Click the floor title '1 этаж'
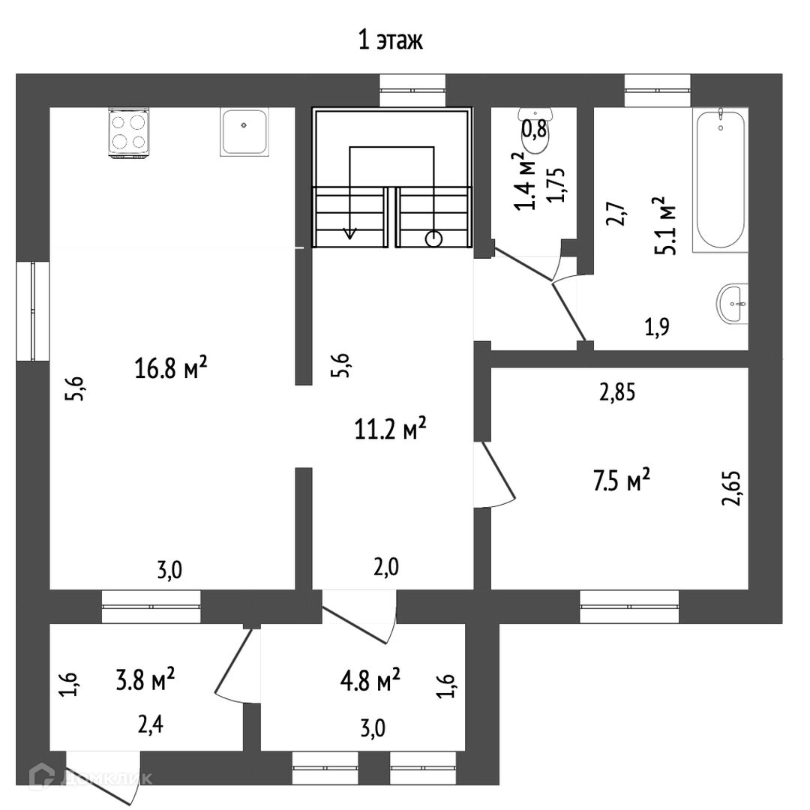click(390, 40)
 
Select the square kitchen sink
click(244, 132)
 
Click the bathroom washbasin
click(733, 304)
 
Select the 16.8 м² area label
click(171, 369)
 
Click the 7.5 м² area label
click(621, 481)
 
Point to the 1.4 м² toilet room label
click(527, 181)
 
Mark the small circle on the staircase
click(433, 239)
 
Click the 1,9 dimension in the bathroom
click(656, 326)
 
